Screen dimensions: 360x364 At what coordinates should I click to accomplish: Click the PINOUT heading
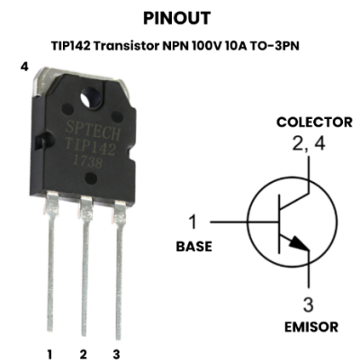[x=176, y=18]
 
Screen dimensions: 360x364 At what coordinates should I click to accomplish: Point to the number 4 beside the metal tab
[x=24, y=67]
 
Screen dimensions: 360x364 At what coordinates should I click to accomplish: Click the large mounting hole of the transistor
[x=91, y=96]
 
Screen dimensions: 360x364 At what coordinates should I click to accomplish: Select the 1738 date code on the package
[x=88, y=162]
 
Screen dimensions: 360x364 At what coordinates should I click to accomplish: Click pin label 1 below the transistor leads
[x=49, y=354]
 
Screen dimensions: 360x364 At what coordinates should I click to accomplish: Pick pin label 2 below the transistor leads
[x=83, y=354]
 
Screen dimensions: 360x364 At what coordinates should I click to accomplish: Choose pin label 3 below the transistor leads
[x=116, y=354]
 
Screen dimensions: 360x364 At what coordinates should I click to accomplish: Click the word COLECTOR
[x=314, y=123]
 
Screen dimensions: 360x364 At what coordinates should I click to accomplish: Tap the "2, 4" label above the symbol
[x=309, y=143]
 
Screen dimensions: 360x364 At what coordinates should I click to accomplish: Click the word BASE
[x=194, y=246]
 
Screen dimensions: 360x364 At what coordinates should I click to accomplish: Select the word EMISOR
[x=311, y=327]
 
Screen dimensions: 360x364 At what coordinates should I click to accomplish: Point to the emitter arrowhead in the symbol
[x=299, y=242]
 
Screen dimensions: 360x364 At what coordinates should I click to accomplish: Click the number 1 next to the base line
[x=193, y=222]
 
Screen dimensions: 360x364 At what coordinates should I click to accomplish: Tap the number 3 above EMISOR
[x=308, y=305]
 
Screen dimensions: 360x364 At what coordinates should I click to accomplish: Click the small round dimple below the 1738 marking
[x=91, y=177]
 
